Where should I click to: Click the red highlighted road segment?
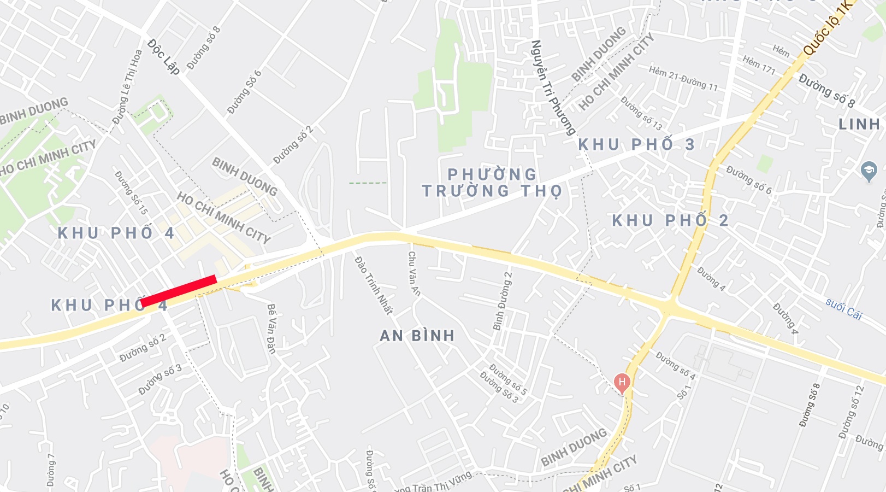click(x=179, y=291)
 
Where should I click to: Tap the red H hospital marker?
click(x=622, y=382)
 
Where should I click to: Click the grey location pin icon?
click(x=868, y=171)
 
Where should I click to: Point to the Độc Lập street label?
click(x=163, y=56)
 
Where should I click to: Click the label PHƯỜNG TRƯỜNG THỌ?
click(x=492, y=183)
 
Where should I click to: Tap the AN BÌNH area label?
click(x=417, y=336)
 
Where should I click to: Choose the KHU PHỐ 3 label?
click(x=636, y=145)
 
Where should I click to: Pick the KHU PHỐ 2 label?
click(x=670, y=221)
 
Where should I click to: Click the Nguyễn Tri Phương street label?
click(x=553, y=87)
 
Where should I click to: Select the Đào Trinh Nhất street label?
click(x=374, y=285)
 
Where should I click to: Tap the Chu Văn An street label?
click(x=414, y=273)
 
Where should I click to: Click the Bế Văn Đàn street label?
click(x=271, y=329)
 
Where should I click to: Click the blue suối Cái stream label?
click(x=843, y=309)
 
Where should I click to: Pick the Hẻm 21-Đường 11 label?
click(x=683, y=78)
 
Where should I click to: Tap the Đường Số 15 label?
click(x=131, y=192)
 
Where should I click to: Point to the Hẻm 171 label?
click(x=759, y=65)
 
